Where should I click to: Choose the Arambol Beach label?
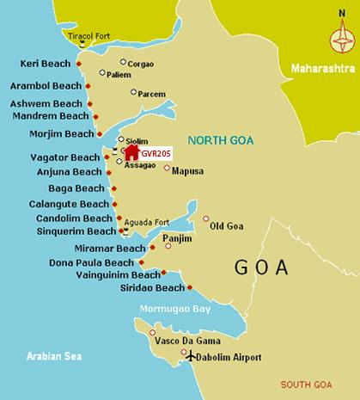[46, 85]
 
